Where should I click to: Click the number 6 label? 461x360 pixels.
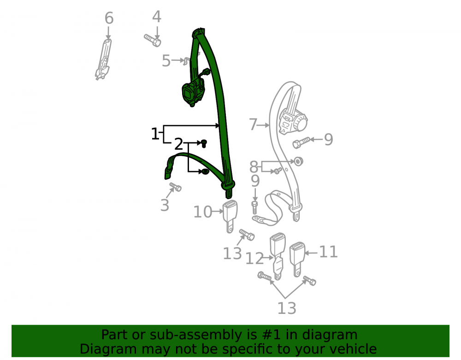(x=109, y=18)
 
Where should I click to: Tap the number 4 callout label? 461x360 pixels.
(x=157, y=17)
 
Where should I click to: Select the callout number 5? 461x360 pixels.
(x=166, y=61)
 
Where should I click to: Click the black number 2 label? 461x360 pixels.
(x=178, y=144)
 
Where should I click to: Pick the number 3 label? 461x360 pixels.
(x=165, y=205)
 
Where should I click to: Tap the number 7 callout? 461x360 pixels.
(x=253, y=124)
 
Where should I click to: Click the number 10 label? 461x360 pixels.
(x=202, y=212)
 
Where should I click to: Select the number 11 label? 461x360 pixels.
(x=328, y=252)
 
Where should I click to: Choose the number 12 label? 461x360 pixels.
(x=254, y=259)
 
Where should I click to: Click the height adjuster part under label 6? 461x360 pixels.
(x=103, y=59)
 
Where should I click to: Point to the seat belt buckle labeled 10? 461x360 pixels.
(x=230, y=215)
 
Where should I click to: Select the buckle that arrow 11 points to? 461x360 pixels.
(x=297, y=259)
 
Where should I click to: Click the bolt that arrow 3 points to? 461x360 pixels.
(x=176, y=187)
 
